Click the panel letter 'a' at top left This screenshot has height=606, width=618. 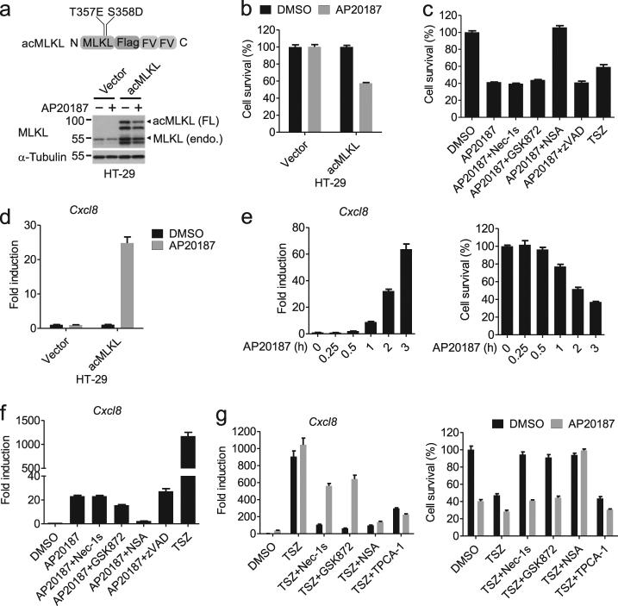click(9, 10)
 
